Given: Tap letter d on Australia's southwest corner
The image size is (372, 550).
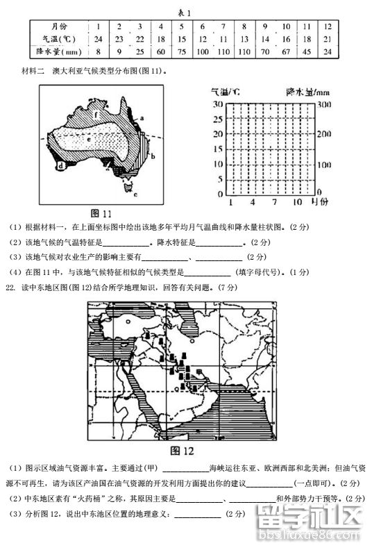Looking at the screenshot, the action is click(x=62, y=166).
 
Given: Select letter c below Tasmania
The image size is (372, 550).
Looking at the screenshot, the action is click(x=136, y=195).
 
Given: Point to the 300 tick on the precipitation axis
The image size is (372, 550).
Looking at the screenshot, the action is click(x=322, y=103).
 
